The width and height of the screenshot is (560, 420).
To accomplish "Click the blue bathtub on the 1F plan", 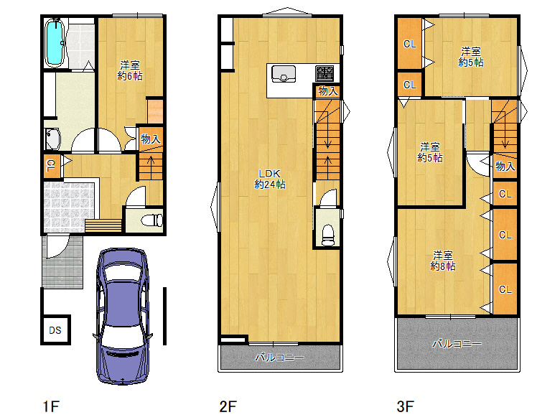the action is pos(55,42).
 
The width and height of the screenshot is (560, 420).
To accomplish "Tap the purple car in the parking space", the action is pos(123,316).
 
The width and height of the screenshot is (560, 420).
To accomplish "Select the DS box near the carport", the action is pos(56,330).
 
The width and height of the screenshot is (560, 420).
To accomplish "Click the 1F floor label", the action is pos(51,406).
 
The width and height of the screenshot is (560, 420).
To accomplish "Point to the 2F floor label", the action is pos(228,406).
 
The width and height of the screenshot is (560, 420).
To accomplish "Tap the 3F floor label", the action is pos(406,406).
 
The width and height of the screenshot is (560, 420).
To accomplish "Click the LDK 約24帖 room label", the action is pos(270,179).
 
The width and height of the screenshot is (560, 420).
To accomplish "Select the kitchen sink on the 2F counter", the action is pos(284,73).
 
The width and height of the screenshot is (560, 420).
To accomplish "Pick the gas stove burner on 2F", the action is pos(325,73).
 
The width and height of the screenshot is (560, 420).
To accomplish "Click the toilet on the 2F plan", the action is pos(328,234).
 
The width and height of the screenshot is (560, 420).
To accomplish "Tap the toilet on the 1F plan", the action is pos(152,220).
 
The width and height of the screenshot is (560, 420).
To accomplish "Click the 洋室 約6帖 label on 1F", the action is pos(130,70).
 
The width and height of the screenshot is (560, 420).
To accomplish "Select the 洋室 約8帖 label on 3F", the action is pos(443,261).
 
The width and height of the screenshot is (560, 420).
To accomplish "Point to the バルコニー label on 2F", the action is pos(280,357).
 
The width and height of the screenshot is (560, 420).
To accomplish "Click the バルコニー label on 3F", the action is pos(457,344).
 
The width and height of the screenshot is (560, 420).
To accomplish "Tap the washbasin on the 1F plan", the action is pos(53,139).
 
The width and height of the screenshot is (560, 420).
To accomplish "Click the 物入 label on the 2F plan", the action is pos(328,91).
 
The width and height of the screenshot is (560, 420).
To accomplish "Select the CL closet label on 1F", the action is pos(51,165).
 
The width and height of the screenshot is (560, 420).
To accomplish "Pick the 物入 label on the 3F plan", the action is pos(505,166).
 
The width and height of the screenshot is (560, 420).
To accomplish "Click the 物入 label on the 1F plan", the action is pos(151,139).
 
